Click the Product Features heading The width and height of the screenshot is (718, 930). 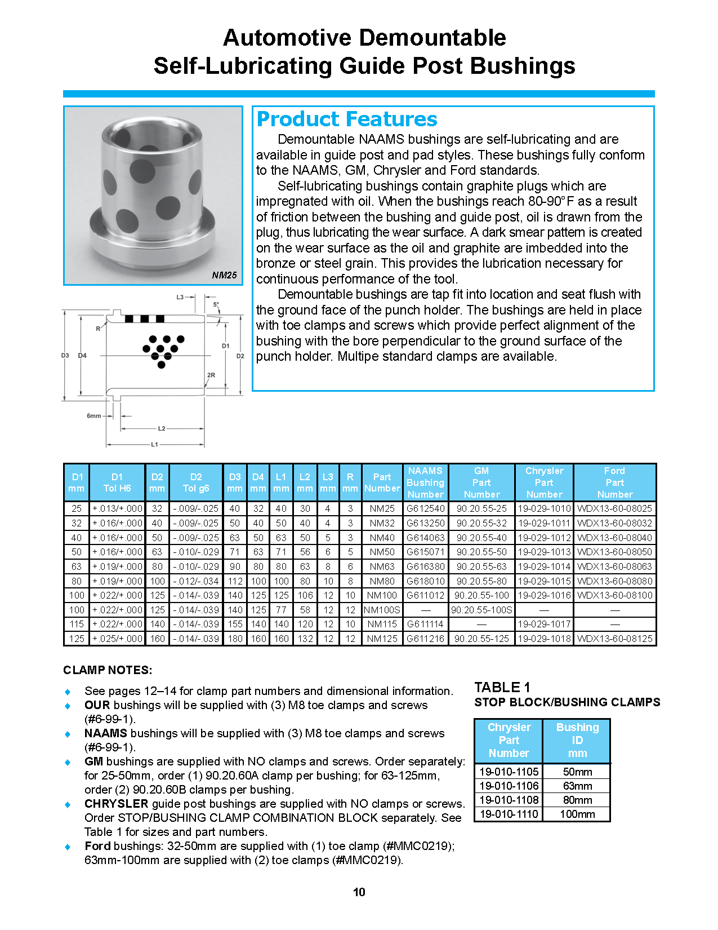(x=346, y=119)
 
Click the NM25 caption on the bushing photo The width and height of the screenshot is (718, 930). (x=224, y=275)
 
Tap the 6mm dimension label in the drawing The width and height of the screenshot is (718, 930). (x=93, y=416)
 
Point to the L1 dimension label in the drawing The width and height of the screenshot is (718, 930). (x=154, y=445)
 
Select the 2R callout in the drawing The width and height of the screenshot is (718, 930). (x=211, y=375)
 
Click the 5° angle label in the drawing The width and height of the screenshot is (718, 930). (x=216, y=304)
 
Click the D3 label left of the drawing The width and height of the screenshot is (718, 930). (x=65, y=356)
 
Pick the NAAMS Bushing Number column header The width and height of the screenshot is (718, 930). (x=425, y=482)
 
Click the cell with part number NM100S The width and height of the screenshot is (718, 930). (x=382, y=610)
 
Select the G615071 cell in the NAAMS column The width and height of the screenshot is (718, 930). (x=425, y=552)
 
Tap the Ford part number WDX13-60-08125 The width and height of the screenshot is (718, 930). (x=614, y=639)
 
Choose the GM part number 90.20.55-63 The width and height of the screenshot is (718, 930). (x=481, y=566)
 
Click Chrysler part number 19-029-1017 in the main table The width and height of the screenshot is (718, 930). (x=544, y=624)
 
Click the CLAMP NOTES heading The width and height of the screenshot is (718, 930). (x=108, y=670)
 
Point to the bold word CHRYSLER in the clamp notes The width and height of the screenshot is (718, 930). (x=117, y=804)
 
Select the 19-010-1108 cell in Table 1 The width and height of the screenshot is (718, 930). (x=509, y=800)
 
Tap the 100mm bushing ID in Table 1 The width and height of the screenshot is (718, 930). (x=577, y=814)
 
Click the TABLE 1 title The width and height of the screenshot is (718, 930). (x=502, y=687)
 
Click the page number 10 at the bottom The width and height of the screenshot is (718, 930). (x=359, y=892)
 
